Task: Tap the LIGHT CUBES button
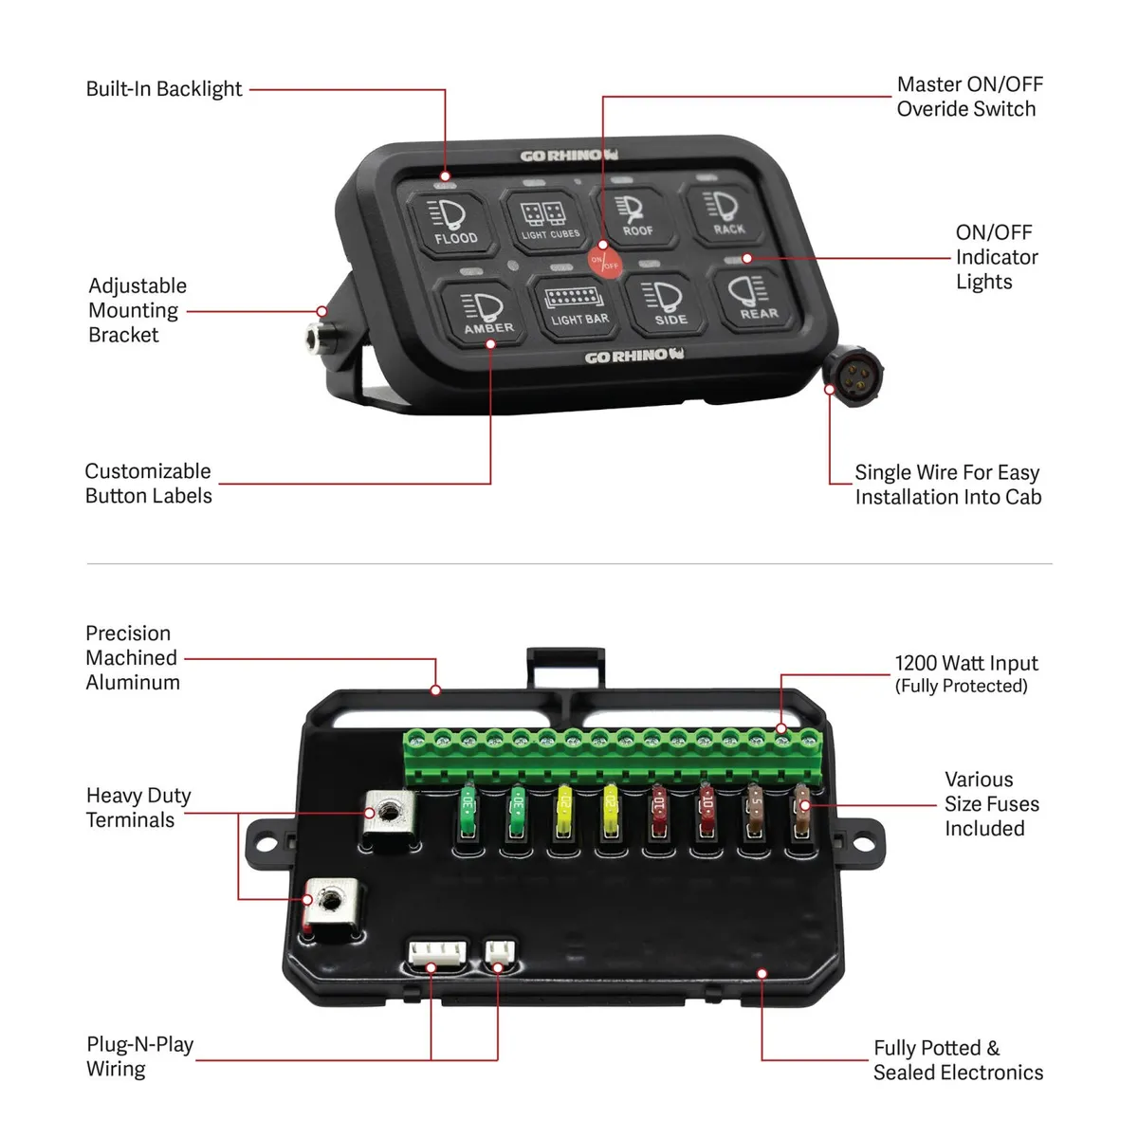pyautogui.click(x=549, y=221)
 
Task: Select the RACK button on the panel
pyautogui.click(x=726, y=213)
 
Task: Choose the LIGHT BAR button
pyautogui.click(x=578, y=305)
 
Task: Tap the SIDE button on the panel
pyautogui.click(x=669, y=303)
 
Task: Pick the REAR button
pyautogui.click(x=756, y=297)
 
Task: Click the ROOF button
pyautogui.click(x=635, y=215)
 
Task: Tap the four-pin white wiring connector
pyautogui.click(x=437, y=953)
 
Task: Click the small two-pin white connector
pyautogui.click(x=499, y=951)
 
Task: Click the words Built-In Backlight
pyautogui.click(x=164, y=89)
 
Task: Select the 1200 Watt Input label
pyautogui.click(x=965, y=664)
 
